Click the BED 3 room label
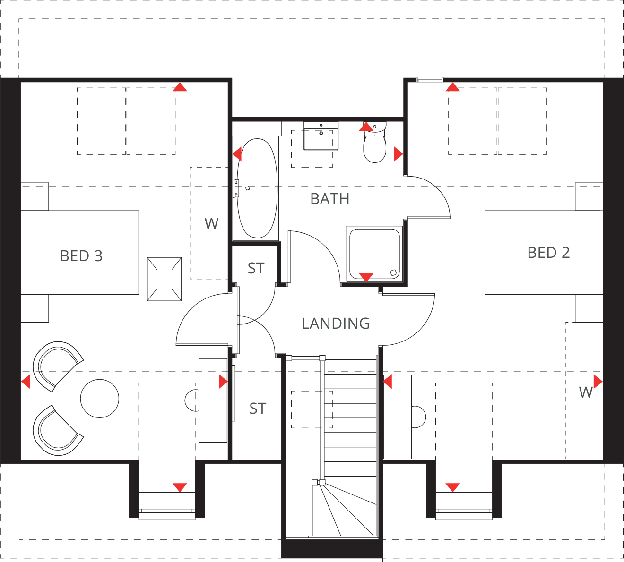81,256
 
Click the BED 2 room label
548,253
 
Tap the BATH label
330,199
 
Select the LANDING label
336,324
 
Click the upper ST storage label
256,268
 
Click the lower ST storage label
258,409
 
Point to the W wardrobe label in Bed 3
211,224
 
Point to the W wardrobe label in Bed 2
586,392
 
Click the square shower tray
374,254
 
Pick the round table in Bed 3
100,398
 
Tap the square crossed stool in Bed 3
165,279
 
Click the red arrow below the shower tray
366,277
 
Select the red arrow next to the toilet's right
398,153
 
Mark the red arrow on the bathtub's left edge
237,153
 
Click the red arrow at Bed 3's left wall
26,381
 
